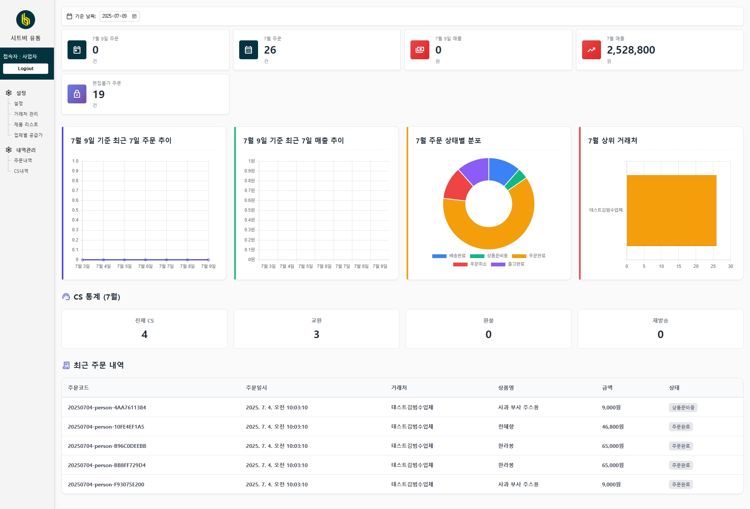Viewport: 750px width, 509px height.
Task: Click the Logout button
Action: tap(26, 69)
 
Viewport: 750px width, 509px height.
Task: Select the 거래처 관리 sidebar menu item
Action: tap(26, 114)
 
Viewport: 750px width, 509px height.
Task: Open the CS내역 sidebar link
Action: tap(21, 171)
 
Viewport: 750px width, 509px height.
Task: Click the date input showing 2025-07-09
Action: tap(119, 16)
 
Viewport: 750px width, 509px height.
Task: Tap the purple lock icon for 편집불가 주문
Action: tap(77, 94)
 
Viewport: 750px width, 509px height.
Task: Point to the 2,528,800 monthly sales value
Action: tap(631, 50)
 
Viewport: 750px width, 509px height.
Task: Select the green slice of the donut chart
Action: tap(515, 180)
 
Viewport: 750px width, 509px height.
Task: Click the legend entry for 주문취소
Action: tap(470, 264)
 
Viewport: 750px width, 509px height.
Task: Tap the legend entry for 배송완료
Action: tap(449, 256)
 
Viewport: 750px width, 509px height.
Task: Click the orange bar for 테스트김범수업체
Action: tap(672, 211)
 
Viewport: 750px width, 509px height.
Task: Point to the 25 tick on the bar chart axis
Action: tap(713, 266)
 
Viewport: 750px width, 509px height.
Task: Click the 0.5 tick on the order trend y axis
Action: tap(75, 210)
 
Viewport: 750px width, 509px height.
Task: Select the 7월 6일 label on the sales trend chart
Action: tap(324, 266)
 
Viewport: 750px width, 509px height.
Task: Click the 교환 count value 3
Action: tap(317, 334)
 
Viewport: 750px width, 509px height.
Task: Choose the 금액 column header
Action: tap(607, 388)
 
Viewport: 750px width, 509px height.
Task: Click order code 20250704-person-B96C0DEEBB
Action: tap(107, 446)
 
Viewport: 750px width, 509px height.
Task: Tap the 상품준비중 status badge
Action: tap(683, 408)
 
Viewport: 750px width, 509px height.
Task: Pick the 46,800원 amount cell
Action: tap(613, 427)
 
